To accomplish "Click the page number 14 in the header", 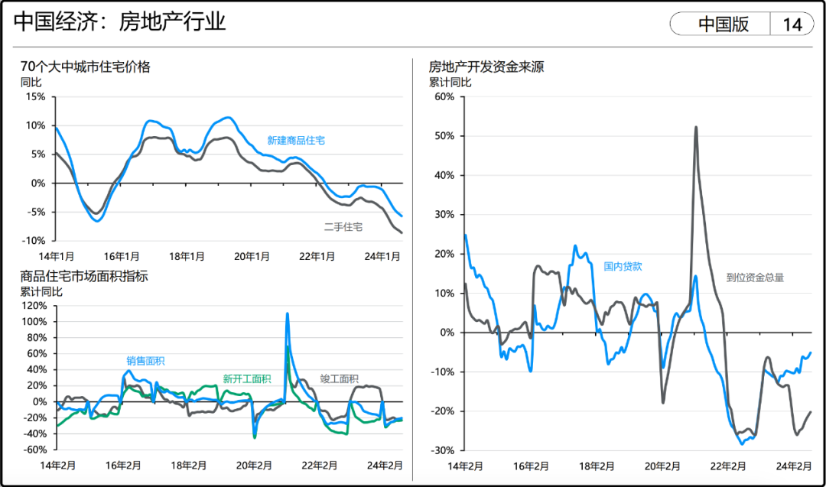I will [x=792, y=24].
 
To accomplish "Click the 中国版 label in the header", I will [x=724, y=24].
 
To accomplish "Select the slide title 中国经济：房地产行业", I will [x=120, y=21].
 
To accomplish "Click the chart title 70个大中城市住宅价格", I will [x=86, y=67].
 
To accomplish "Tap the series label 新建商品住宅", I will [x=296, y=141].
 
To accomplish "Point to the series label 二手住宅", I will [x=343, y=227].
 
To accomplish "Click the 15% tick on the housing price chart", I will [x=36, y=97].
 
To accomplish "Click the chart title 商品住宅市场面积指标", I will [x=84, y=276].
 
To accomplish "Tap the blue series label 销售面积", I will [x=145, y=361].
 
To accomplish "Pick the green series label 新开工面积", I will [x=247, y=378].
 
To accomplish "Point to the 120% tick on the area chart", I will [x=34, y=306].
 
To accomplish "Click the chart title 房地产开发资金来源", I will [x=486, y=67].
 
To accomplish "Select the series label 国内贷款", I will [x=623, y=267].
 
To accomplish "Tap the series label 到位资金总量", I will [x=755, y=278].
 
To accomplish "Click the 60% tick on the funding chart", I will [x=444, y=96].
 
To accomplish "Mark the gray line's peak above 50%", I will [x=696, y=127].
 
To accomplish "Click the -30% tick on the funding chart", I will [x=444, y=450].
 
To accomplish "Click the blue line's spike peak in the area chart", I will [x=287, y=313].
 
